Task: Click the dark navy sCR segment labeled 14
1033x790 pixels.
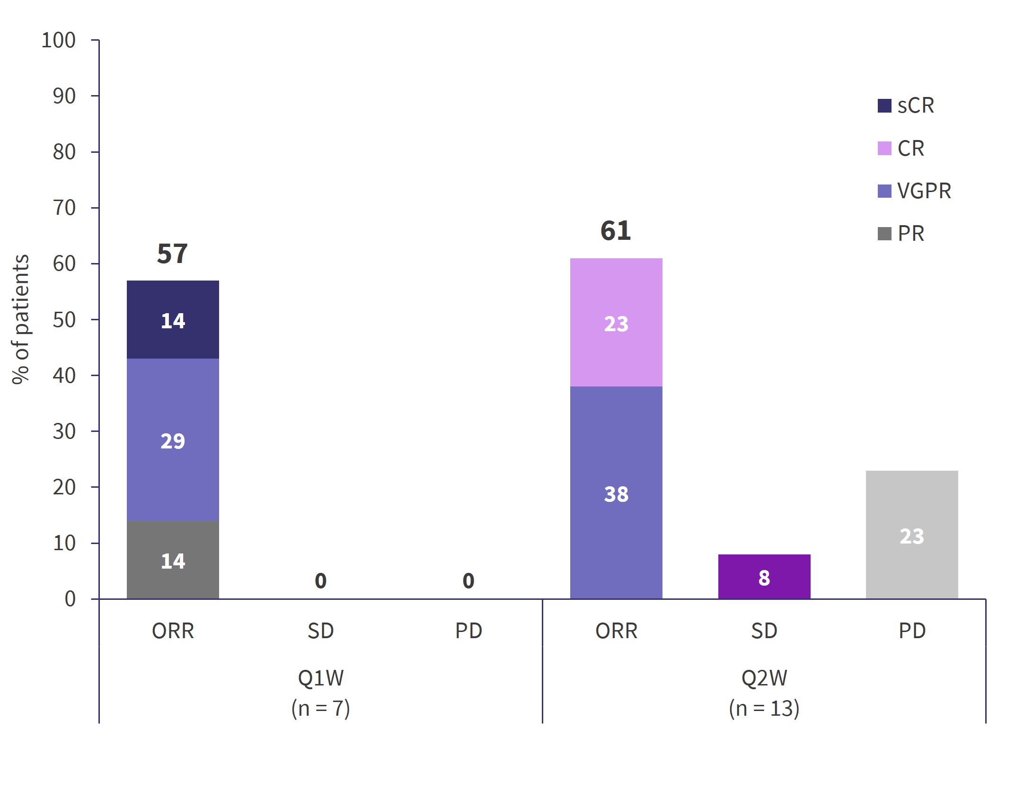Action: click(x=173, y=320)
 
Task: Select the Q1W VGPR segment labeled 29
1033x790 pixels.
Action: click(x=173, y=440)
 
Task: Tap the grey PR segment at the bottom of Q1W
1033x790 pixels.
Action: click(x=173, y=560)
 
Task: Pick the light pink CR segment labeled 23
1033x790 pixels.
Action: click(x=616, y=323)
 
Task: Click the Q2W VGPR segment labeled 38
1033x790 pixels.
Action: click(x=616, y=493)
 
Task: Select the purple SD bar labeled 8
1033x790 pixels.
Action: click(x=764, y=577)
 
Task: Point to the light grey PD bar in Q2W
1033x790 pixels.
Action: click(x=911, y=535)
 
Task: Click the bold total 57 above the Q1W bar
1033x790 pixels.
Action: click(x=172, y=254)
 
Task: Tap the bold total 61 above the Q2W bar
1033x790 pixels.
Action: click(x=615, y=231)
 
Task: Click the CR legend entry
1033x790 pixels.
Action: click(x=901, y=149)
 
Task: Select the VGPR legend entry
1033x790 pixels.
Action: click(x=914, y=191)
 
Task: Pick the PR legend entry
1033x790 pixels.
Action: click(x=901, y=234)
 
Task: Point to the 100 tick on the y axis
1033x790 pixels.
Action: click(x=59, y=40)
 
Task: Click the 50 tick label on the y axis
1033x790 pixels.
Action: click(x=64, y=320)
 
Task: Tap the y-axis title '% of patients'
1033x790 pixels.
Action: click(x=21, y=319)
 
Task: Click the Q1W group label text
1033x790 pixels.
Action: click(x=320, y=678)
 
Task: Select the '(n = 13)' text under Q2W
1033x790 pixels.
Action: click(x=764, y=708)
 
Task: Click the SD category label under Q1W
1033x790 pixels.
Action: click(x=320, y=631)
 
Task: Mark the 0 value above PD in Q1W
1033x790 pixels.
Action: click(x=468, y=580)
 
